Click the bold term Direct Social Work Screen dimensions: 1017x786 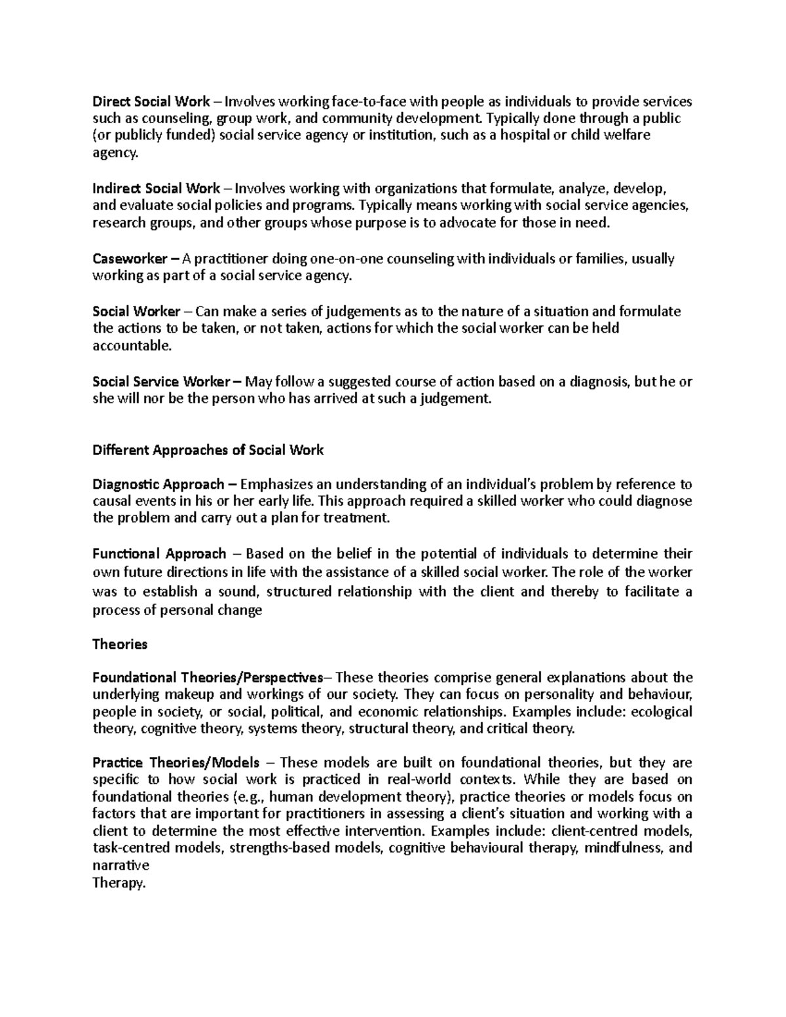(151, 102)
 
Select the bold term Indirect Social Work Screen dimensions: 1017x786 (156, 189)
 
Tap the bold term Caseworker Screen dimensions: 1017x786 (130, 259)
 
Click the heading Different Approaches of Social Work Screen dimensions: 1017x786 (208, 451)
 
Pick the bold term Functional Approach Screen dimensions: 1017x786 (159, 554)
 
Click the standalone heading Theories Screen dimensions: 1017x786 (120, 644)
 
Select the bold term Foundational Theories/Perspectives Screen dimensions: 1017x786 (208, 677)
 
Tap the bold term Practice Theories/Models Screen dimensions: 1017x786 (176, 763)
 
